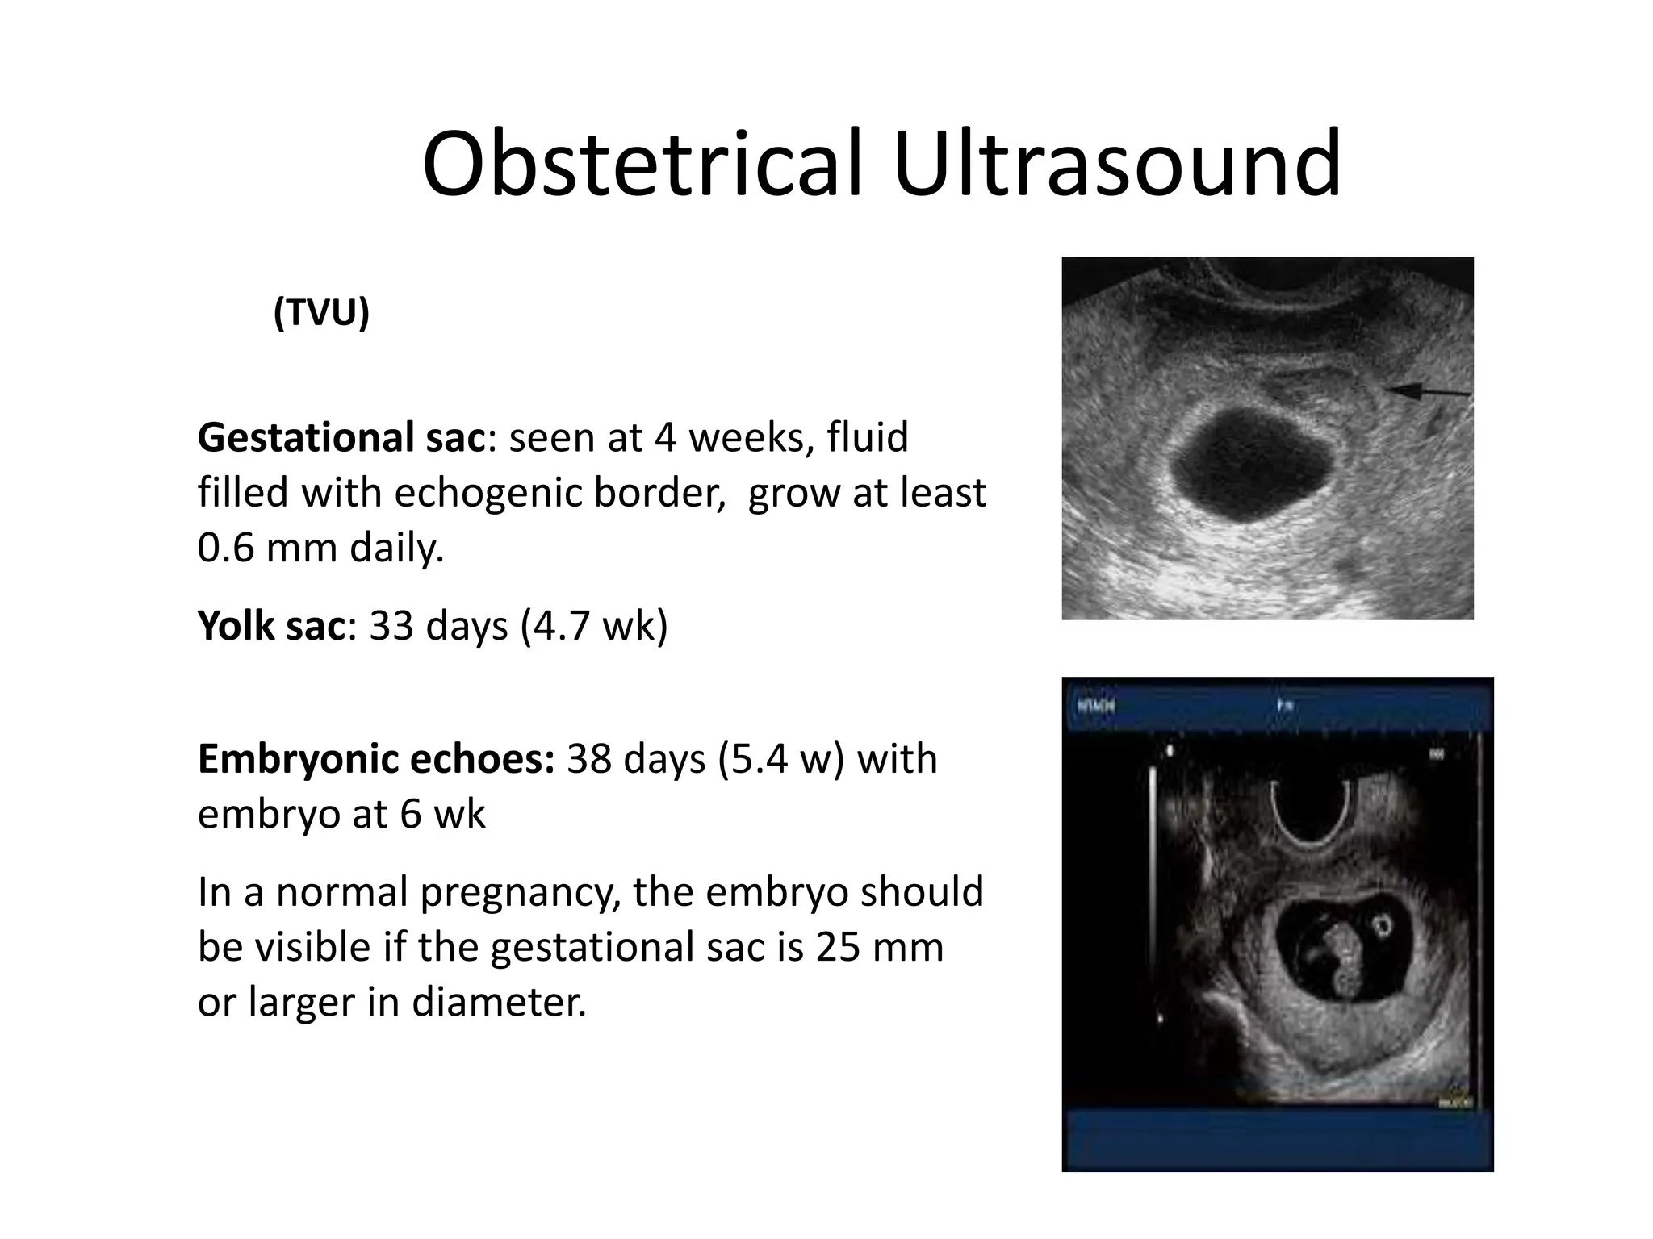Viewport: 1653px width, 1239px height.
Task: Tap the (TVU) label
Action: pyautogui.click(x=321, y=312)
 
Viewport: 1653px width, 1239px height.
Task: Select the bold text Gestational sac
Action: pyautogui.click(x=341, y=438)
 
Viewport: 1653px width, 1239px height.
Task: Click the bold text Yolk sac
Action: pyautogui.click(x=271, y=625)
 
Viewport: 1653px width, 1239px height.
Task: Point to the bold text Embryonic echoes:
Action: pyautogui.click(x=376, y=759)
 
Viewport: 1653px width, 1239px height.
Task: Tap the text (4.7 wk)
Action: pyautogui.click(x=595, y=625)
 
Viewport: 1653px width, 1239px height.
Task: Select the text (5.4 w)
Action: pyautogui.click(x=780, y=759)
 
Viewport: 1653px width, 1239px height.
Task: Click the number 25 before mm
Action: pyautogui.click(x=835, y=947)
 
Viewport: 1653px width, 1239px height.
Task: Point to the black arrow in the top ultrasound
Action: pyautogui.click(x=1427, y=392)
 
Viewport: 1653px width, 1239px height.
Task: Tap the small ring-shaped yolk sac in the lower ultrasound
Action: pyautogui.click(x=1383, y=924)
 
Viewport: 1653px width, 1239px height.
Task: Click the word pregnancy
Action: pyautogui.click(x=520, y=893)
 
